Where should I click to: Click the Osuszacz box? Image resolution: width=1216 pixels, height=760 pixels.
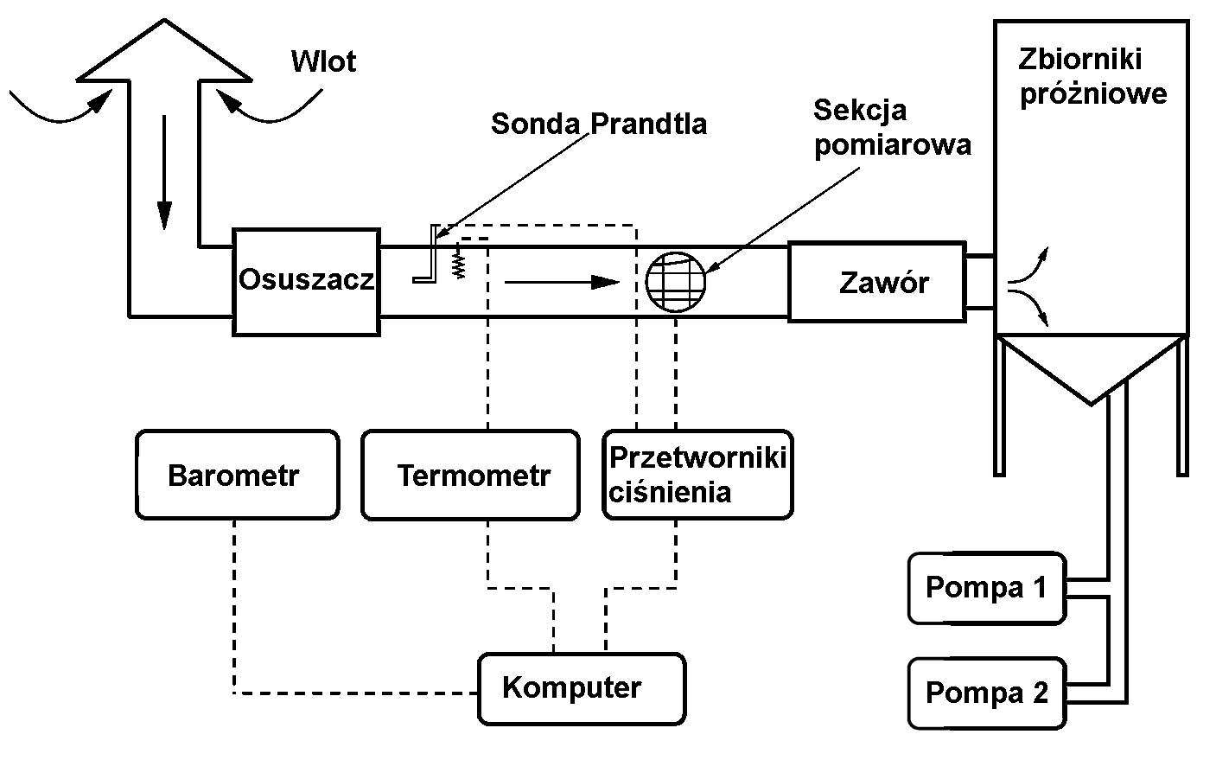(306, 281)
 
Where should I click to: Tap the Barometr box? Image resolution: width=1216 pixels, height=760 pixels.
(237, 475)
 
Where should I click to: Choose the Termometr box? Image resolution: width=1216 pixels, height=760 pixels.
(470, 475)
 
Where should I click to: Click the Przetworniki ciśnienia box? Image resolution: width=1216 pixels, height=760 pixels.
(697, 475)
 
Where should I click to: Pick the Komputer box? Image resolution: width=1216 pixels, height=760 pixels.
(582, 688)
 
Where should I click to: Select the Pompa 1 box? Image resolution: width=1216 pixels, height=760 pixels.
(986, 588)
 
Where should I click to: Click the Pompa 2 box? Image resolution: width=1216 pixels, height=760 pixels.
(986, 693)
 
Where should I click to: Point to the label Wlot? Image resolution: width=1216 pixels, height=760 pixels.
(323, 61)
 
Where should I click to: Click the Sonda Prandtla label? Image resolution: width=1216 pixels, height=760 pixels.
(598, 124)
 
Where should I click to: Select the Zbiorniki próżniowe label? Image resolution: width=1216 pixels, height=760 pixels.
(1092, 76)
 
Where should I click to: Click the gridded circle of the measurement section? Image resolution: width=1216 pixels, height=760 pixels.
(676, 280)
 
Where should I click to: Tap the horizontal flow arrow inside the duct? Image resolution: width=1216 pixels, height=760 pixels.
(562, 282)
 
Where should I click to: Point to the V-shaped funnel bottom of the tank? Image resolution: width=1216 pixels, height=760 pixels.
(1091, 372)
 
